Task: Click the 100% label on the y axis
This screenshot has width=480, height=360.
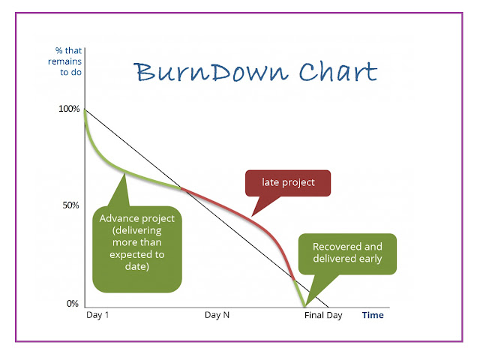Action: point(68,109)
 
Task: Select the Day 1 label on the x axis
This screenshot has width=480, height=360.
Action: point(97,316)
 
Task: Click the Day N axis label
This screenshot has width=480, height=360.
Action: point(217,316)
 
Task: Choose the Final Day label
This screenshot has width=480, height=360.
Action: point(322,316)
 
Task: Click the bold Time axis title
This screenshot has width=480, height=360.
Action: point(373,316)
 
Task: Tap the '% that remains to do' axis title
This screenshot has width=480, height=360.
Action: point(68,61)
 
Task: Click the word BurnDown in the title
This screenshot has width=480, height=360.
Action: point(196,73)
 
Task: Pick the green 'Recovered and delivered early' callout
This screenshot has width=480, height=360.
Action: point(347,253)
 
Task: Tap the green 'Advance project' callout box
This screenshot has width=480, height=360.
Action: point(137,248)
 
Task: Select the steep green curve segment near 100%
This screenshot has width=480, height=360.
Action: point(92,139)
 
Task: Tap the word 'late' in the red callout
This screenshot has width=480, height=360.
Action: point(271,183)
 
